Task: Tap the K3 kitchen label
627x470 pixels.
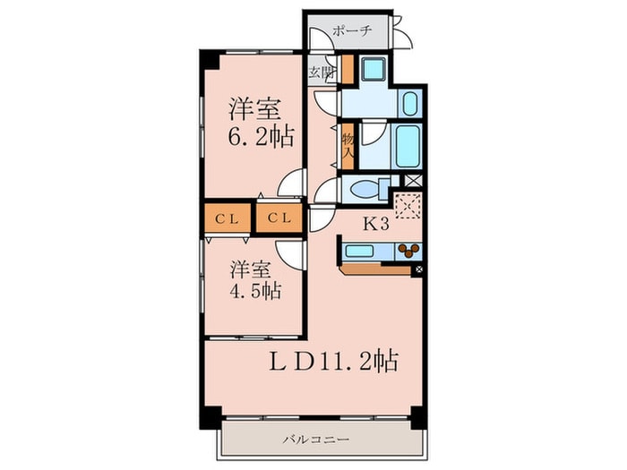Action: pyautogui.click(x=374, y=224)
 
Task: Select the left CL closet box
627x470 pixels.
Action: pyautogui.click(x=226, y=218)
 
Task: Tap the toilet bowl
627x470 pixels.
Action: pyautogui.click(x=362, y=190)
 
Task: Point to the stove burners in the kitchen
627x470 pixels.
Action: pyautogui.click(x=410, y=250)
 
